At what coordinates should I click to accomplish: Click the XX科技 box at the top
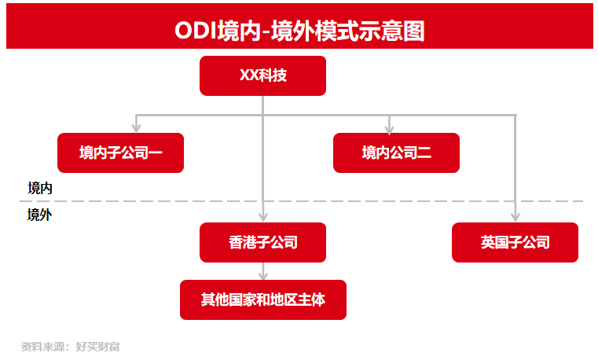[262, 76]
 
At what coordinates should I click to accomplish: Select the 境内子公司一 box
[120, 152]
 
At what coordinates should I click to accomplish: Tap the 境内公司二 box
[396, 152]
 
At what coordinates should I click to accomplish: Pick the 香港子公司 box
[262, 242]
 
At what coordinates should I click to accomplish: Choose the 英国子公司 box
[515, 242]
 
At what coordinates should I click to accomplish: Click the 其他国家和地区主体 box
[263, 299]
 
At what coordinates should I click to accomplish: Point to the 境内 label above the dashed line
[40, 189]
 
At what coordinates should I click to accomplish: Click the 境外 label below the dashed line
[39, 215]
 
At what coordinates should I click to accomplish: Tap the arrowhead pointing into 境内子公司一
[136, 128]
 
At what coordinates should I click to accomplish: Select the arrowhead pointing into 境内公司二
[389, 129]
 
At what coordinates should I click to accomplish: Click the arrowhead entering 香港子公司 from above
[262, 217]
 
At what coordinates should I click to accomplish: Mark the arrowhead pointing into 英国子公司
[515, 217]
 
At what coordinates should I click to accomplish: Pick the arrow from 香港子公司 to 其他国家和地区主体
[262, 271]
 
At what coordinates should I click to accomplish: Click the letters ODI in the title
[195, 31]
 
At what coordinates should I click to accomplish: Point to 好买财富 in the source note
[97, 347]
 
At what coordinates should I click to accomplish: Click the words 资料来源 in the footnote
[42, 347]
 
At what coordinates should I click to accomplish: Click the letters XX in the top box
[248, 75]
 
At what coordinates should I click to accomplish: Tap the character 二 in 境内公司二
[424, 153]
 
